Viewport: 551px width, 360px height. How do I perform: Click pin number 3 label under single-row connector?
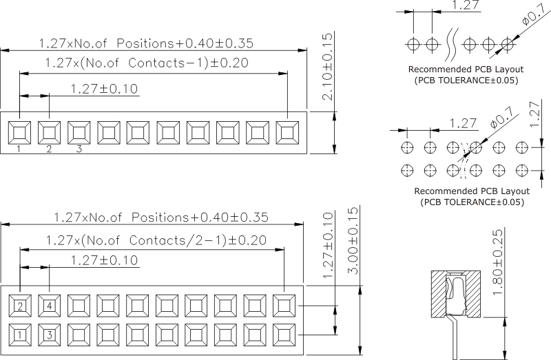click(79, 149)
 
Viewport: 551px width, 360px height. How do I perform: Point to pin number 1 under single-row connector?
click(19, 149)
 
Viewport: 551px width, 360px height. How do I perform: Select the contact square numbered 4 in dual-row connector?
click(50, 306)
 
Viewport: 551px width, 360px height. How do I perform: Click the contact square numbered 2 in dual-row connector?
click(20, 306)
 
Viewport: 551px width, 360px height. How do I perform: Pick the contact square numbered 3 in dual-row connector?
click(50, 335)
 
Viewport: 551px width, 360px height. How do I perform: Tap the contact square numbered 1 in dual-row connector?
click(20, 335)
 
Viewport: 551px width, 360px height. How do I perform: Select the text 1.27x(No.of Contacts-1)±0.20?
click(147, 63)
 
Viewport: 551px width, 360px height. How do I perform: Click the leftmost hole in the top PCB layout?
click(413, 44)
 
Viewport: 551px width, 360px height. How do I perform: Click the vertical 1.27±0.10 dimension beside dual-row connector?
click(328, 244)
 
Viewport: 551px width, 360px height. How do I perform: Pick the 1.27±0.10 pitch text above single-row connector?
click(105, 89)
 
